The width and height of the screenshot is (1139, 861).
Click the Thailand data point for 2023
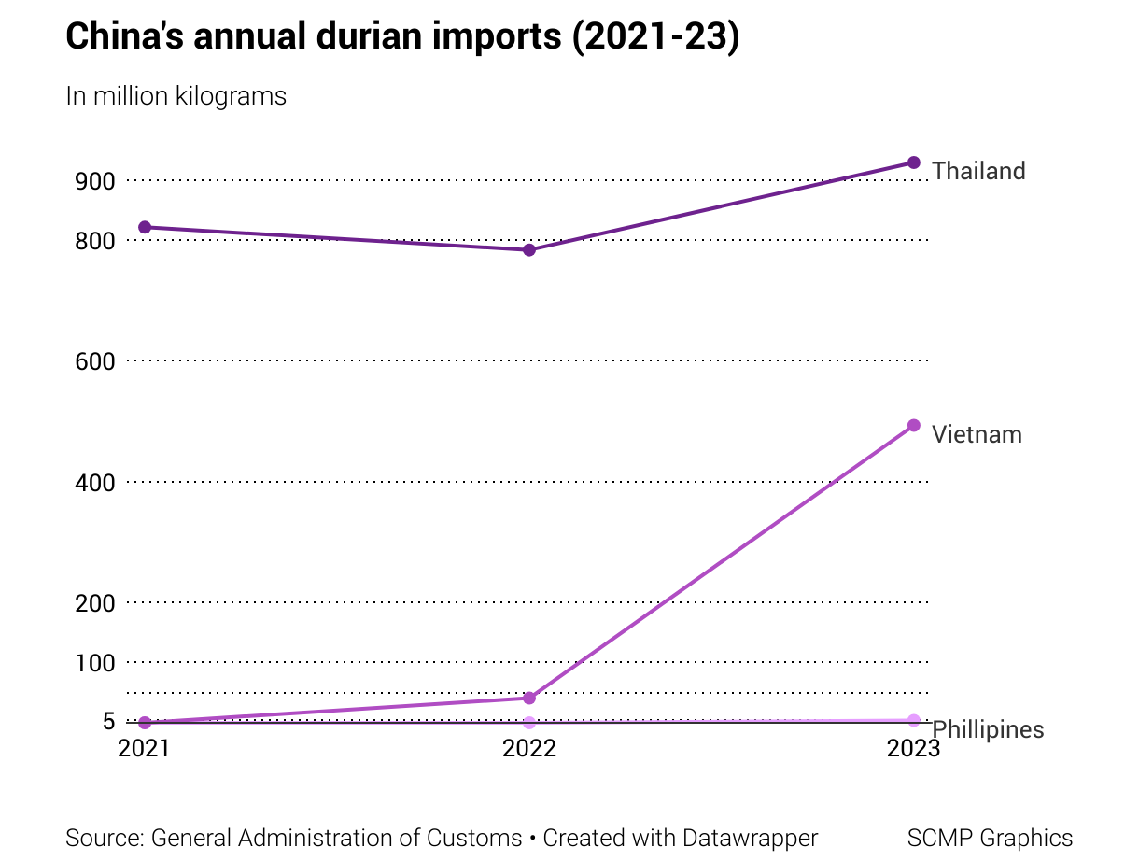tap(914, 162)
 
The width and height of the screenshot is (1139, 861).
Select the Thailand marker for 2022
tap(529, 249)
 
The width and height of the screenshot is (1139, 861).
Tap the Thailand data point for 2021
tap(145, 227)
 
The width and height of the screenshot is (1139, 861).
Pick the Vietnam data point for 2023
tap(914, 426)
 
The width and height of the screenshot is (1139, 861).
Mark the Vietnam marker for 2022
tap(529, 698)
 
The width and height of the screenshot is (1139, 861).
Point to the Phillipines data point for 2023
tap(914, 720)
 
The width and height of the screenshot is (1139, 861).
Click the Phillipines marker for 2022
tap(529, 723)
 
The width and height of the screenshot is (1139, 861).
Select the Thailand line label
tap(978, 171)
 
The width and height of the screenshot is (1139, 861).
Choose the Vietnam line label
tap(977, 434)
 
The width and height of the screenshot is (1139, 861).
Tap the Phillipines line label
tap(989, 729)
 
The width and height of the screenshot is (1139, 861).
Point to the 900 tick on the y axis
tap(94, 181)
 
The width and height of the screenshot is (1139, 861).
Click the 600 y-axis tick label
tap(94, 361)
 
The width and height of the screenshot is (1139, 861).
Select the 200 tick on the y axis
tap(94, 603)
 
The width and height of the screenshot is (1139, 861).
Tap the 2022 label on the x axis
tap(529, 749)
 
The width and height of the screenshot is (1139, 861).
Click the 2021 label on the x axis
tap(145, 749)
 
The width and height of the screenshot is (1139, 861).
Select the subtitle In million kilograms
tap(176, 96)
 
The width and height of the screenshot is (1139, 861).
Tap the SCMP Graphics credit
tap(990, 838)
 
